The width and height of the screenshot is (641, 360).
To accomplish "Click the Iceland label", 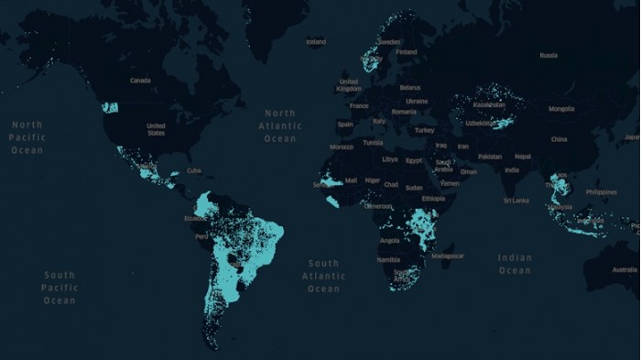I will click(x=316, y=41).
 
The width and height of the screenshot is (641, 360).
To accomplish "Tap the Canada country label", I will click(x=140, y=81).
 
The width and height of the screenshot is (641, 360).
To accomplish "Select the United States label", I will click(x=156, y=129).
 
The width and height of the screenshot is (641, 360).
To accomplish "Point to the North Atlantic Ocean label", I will click(x=280, y=125).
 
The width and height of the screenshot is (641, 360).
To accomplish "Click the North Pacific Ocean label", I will click(x=27, y=136).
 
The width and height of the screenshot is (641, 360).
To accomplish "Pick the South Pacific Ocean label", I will click(x=60, y=287).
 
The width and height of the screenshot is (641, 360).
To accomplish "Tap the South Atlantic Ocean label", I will click(x=323, y=276).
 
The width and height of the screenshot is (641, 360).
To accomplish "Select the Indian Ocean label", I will click(x=515, y=264).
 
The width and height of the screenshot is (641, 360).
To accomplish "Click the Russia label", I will click(x=549, y=55).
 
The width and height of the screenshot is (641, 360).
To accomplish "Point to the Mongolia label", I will click(x=561, y=109).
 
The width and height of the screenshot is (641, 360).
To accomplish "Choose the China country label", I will click(x=559, y=139).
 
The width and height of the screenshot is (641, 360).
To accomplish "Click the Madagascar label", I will click(x=448, y=256).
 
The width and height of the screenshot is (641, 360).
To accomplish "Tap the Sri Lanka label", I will click(x=516, y=200).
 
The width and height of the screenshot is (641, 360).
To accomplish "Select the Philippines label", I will click(x=601, y=192).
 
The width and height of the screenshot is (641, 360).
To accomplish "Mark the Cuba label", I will click(x=193, y=170).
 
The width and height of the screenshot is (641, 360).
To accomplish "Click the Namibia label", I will click(x=388, y=259).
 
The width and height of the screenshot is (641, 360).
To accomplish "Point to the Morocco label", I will click(x=342, y=147).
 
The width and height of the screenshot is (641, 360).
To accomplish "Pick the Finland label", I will click(x=407, y=52).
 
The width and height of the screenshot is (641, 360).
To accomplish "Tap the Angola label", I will click(x=389, y=240).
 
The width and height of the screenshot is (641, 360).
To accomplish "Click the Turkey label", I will click(x=424, y=130).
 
